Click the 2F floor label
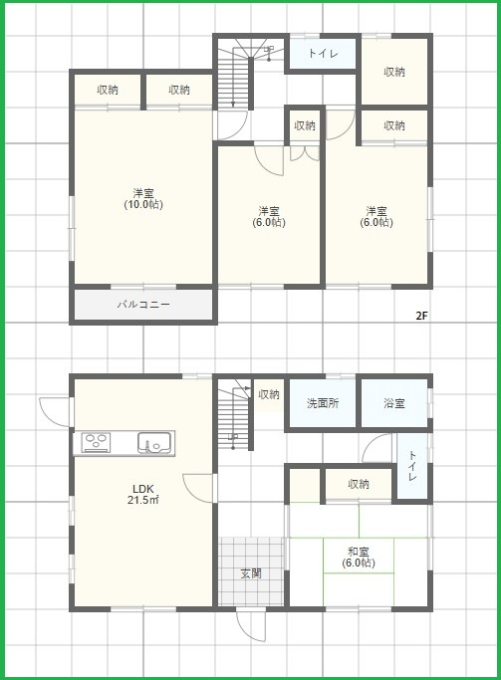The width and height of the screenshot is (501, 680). point(421,316)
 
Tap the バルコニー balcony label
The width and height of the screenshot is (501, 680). point(143,305)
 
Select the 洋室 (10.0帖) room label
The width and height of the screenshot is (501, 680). point(143,199)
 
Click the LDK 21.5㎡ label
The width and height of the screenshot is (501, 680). point(143,495)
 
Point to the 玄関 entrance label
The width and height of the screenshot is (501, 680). point(251,573)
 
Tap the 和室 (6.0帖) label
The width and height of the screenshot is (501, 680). point(359,558)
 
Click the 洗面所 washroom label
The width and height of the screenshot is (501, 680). point(323,403)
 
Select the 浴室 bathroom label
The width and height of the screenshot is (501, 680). point(394,403)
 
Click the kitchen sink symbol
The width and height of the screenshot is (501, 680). point(155,443)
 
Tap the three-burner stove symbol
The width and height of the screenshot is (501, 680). point(98,443)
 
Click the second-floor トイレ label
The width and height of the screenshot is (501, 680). point(323,54)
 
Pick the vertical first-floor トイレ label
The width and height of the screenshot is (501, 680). point(412,466)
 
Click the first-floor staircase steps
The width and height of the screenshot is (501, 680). point(234,415)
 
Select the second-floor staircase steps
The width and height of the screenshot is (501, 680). point(235,73)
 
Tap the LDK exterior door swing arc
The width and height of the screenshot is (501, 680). point(55,412)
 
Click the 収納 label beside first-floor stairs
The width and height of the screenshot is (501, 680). point(269,394)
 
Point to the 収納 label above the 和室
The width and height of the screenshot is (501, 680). point(359,484)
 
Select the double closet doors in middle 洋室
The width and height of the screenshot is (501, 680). point(305,153)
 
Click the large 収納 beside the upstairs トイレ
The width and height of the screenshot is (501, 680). point(394,72)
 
